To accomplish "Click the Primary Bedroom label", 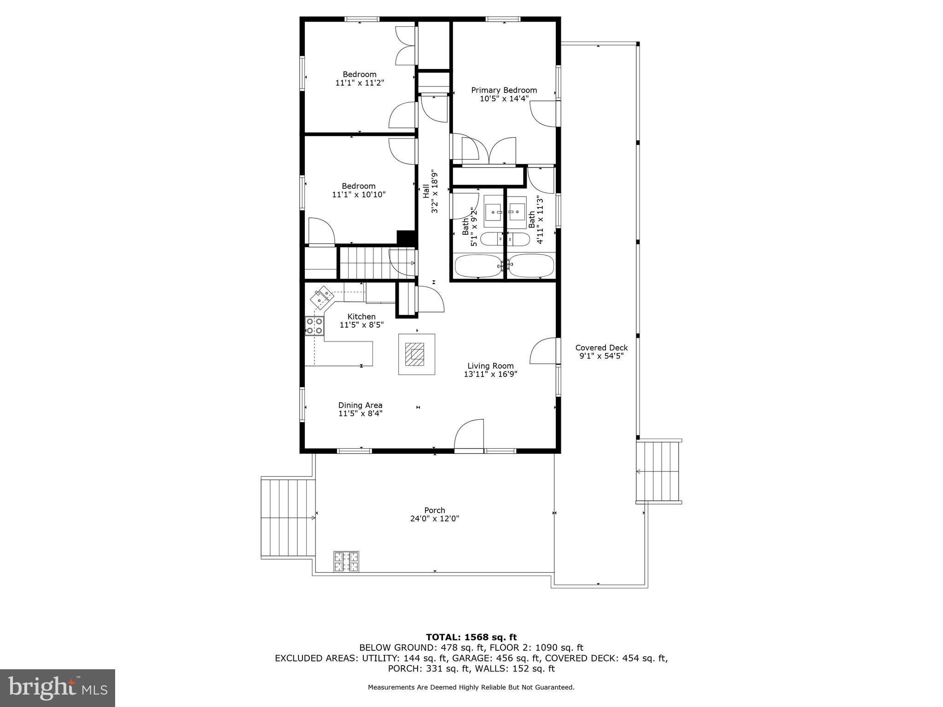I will (x=504, y=90).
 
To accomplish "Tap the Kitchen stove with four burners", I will (x=314, y=326).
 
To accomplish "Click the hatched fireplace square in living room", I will (x=416, y=354).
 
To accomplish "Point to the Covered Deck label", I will (x=601, y=348).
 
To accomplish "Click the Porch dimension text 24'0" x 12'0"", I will (x=435, y=519).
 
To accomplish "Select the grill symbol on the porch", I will (x=346, y=562).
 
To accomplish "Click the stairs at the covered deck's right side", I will (x=658, y=471).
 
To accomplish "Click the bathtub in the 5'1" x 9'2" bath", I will (x=477, y=266).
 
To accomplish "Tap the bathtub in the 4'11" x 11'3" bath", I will (x=531, y=266).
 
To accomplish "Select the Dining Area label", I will (x=360, y=406).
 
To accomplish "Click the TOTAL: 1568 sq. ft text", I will (x=471, y=637).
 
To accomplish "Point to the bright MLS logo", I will (x=57, y=688).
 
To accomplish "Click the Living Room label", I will (x=490, y=366).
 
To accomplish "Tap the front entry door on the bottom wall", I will (x=470, y=435).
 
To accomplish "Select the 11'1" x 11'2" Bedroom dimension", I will (x=360, y=83).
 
